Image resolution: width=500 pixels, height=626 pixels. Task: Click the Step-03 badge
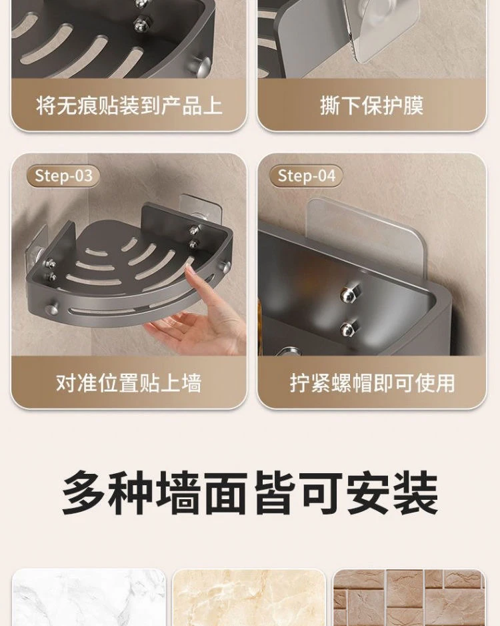pyautogui.click(x=63, y=176)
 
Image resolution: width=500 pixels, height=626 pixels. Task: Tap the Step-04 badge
pyautogui.click(x=306, y=176)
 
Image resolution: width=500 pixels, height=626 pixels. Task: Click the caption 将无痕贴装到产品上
pyautogui.click(x=129, y=106)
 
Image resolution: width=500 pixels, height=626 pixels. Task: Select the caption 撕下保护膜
pyautogui.click(x=371, y=106)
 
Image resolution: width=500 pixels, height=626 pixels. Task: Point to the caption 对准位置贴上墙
pyautogui.click(x=129, y=383)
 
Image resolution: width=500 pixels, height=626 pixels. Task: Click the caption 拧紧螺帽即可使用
pyautogui.click(x=372, y=383)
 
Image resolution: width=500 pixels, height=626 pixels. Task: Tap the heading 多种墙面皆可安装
pyautogui.click(x=250, y=493)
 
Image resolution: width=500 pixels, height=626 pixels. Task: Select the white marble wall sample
pyautogui.click(x=89, y=597)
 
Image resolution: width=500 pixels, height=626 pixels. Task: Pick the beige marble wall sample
pyautogui.click(x=249, y=597)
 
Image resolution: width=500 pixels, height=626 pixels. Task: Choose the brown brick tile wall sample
pyautogui.click(x=409, y=597)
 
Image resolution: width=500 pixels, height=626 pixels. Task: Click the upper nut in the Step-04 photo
pyautogui.click(x=350, y=294)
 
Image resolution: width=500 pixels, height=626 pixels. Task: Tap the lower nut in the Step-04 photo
pyautogui.click(x=349, y=328)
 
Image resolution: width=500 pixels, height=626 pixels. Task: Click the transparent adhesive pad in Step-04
pyautogui.click(x=365, y=236)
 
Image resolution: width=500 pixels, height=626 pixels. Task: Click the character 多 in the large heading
pyautogui.click(x=83, y=493)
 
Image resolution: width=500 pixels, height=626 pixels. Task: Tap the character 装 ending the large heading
pyautogui.click(x=417, y=493)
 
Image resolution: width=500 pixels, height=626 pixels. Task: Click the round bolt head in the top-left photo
pyautogui.click(x=202, y=64)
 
